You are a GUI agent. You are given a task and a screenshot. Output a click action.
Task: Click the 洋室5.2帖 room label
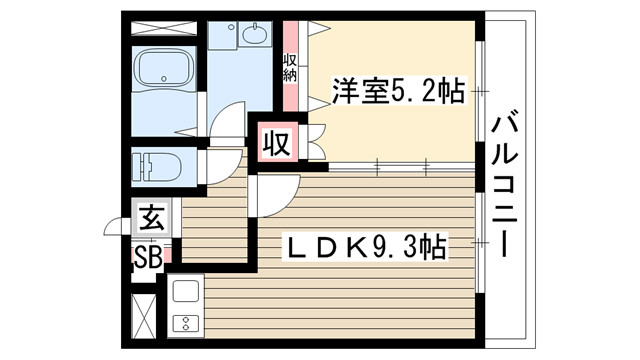point(398,91)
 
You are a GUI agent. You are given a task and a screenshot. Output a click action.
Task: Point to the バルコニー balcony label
point(505,186)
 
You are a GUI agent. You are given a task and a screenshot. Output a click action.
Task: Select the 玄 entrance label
point(152,217)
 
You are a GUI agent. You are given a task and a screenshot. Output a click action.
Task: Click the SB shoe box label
point(149,258)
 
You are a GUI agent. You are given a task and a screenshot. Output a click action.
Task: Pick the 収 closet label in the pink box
point(278,143)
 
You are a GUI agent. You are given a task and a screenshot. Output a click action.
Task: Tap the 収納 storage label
point(290,68)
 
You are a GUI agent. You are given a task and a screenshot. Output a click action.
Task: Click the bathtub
point(164,67)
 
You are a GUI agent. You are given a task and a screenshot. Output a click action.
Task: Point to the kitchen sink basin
point(186,291)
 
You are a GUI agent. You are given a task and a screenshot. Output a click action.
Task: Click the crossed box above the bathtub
point(164,29)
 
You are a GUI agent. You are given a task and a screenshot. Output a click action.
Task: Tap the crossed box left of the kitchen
point(144,316)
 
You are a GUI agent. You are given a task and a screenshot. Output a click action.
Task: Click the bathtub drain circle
point(164,79)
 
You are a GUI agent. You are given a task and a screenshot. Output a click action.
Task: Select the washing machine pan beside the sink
point(222,36)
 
